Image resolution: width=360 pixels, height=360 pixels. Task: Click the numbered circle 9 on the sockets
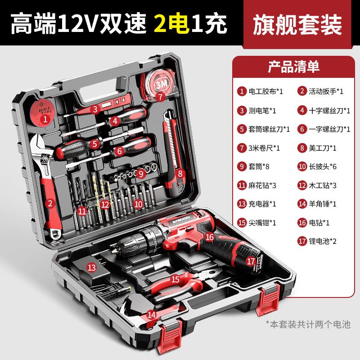pos(141,173)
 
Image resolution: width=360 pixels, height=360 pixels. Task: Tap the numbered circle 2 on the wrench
pos(50,203)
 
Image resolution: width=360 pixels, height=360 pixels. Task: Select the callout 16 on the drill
pos(209,237)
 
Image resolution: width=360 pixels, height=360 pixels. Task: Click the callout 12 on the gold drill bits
pos(105,204)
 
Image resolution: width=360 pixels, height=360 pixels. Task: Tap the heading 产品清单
pos(294,67)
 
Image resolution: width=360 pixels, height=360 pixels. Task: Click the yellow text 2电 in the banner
pos(171,23)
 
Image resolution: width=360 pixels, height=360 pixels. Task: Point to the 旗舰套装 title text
pos(297,25)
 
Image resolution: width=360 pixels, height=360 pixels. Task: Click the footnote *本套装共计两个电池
pos(308,324)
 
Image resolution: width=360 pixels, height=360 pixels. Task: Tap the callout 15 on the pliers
pos(175,279)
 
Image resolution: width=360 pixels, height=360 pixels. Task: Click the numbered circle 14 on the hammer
pos(151,315)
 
